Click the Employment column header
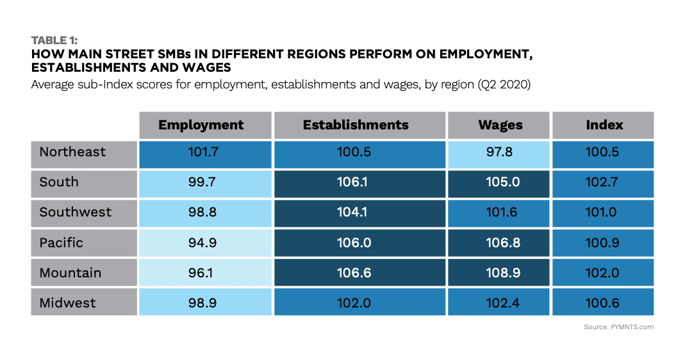(201, 125)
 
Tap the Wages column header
(500, 125)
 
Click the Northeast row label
(72, 152)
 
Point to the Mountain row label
(70, 273)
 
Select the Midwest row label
(68, 302)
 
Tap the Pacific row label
(62, 243)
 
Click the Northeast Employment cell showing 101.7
(201, 152)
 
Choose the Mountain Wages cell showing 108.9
(500, 273)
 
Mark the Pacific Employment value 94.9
(201, 243)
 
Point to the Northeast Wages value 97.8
(500, 152)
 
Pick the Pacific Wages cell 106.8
(500, 243)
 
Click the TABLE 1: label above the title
(54, 41)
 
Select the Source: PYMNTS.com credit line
(618, 327)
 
